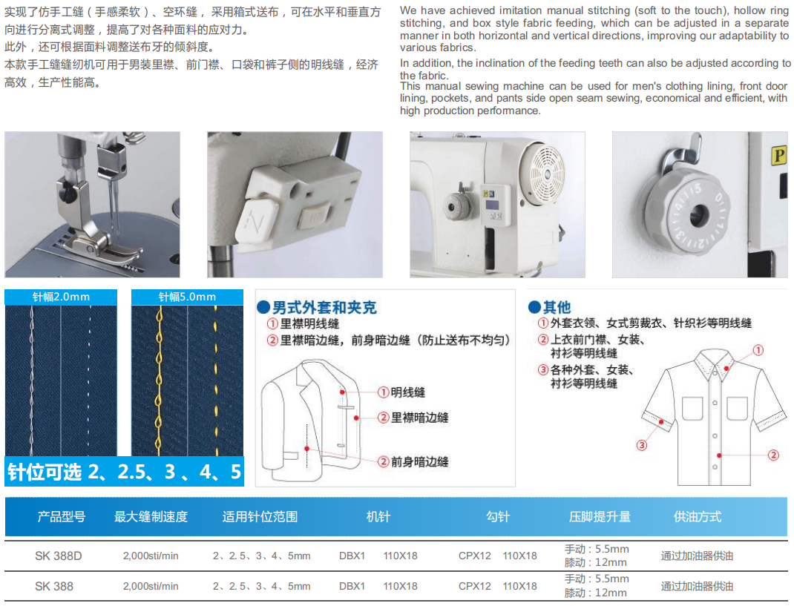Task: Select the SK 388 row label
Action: [54, 586]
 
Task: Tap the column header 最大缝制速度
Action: [151, 517]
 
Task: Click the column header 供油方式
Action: [697, 517]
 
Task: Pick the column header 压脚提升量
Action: [600, 517]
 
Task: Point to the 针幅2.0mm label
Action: [61, 297]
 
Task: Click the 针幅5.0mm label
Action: [187, 297]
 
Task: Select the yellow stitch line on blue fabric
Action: [159, 378]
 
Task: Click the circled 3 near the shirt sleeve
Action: [642, 445]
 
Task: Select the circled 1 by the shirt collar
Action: [758, 350]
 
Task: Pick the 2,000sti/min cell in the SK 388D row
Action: [151, 556]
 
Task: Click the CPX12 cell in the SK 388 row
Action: [475, 586]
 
